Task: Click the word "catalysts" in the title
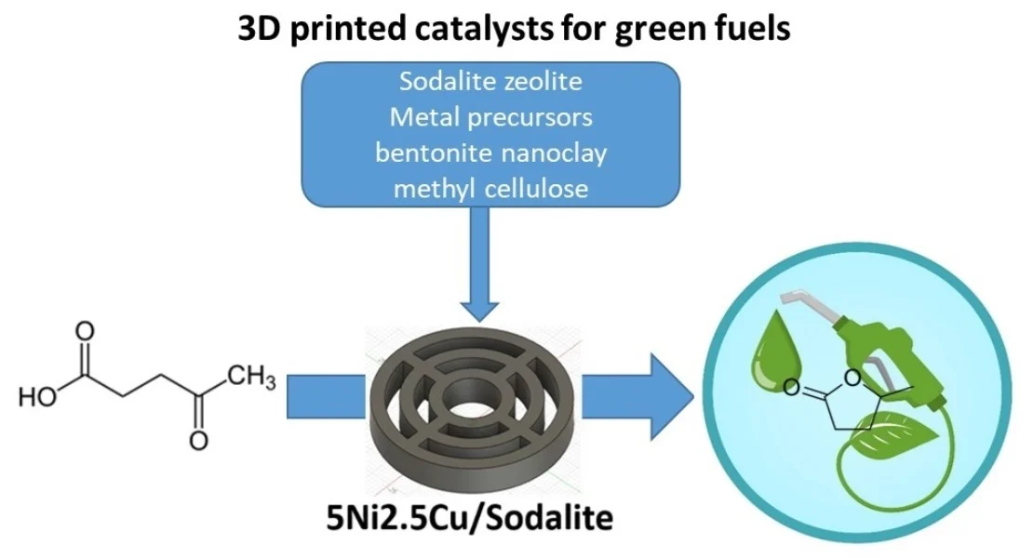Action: (x=453, y=30)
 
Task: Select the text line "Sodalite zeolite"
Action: (x=490, y=82)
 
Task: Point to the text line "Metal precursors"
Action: (x=490, y=118)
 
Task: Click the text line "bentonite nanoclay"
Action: (x=490, y=153)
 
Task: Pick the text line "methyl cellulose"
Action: (x=490, y=189)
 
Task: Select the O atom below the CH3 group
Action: (x=198, y=441)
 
